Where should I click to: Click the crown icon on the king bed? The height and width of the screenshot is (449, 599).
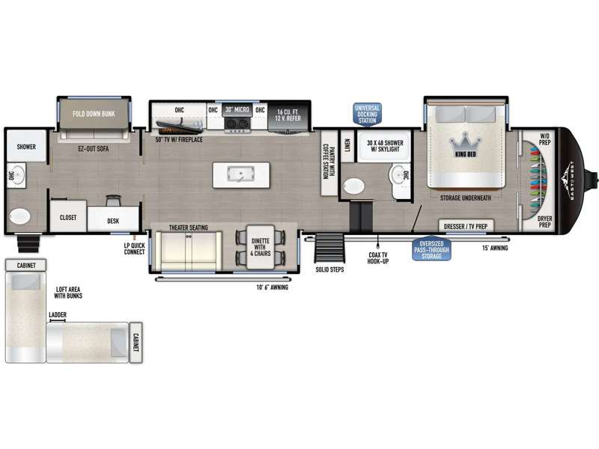[465, 142]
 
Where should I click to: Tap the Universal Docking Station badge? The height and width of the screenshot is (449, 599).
[367, 114]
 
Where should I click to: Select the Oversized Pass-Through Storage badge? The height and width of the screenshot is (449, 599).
[432, 250]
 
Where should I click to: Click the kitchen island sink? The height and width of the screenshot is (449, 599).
[240, 174]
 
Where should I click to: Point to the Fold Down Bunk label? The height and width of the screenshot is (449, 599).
[94, 114]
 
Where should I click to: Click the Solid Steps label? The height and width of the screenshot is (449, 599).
[329, 269]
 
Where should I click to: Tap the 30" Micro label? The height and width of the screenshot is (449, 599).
[237, 109]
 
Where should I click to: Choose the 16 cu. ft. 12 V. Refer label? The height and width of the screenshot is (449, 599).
[288, 115]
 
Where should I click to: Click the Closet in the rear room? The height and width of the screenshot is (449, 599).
[68, 216]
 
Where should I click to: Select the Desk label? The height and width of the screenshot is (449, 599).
[113, 221]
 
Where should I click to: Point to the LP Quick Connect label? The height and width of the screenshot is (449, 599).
[135, 248]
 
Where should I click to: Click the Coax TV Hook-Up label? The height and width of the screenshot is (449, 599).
[378, 257]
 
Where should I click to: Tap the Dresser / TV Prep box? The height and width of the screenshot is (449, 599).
[466, 226]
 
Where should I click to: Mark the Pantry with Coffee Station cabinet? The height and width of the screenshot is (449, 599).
[329, 162]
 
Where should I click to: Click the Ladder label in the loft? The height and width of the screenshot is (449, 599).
[58, 314]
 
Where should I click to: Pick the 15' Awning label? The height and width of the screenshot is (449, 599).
[495, 248]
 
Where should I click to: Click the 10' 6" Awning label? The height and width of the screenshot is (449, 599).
[273, 287]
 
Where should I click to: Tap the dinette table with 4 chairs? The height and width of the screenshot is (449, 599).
[261, 247]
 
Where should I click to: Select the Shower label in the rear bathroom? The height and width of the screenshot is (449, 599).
[26, 147]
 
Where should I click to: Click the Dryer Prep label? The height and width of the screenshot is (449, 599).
[545, 222]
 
